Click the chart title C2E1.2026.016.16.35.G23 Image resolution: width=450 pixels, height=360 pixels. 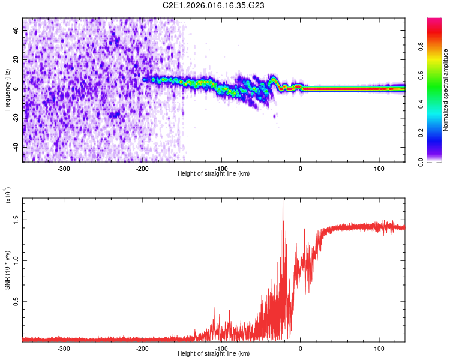pos(214,5)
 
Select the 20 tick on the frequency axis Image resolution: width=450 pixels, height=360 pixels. pos(16,60)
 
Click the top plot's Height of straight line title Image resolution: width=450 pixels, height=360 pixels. pos(214,173)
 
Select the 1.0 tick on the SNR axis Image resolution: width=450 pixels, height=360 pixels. pos(16,259)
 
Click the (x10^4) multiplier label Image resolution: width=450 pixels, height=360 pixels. pos(8,196)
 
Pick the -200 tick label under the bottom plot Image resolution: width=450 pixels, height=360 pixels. pos(143,347)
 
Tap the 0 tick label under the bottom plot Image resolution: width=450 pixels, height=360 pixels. pos(300,347)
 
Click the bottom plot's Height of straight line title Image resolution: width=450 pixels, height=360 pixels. pos(214,354)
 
